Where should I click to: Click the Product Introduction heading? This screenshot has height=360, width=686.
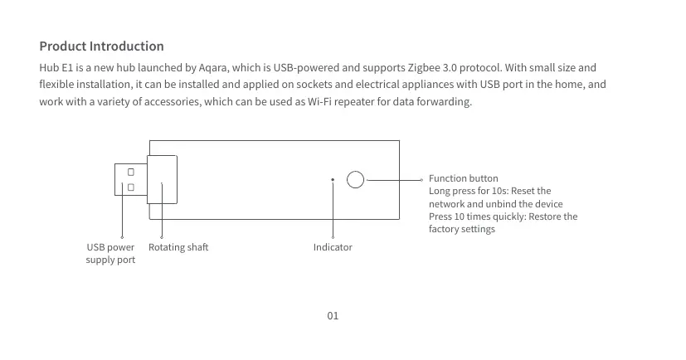click(101, 46)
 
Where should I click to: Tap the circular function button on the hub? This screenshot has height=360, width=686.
click(355, 179)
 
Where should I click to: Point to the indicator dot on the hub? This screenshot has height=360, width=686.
click(333, 179)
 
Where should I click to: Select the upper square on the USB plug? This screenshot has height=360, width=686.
click(131, 172)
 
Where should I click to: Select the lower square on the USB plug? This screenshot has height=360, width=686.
click(131, 187)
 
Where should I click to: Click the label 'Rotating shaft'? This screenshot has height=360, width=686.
click(178, 247)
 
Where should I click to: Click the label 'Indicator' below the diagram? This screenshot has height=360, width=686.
click(333, 247)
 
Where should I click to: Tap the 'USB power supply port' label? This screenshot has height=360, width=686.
click(110, 253)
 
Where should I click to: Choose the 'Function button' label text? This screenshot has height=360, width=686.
click(464, 178)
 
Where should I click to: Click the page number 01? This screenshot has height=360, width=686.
click(333, 316)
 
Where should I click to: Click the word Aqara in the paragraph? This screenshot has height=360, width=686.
click(213, 68)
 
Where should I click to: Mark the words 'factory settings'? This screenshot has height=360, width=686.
click(462, 229)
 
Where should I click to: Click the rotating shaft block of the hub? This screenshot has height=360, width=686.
click(162, 179)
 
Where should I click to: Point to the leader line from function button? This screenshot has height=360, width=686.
click(394, 180)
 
